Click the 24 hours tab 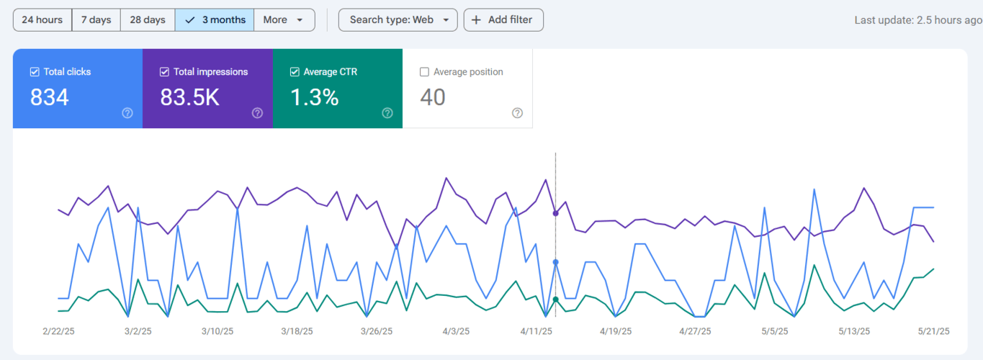(x=42, y=20)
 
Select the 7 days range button (x=96, y=20)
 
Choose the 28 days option (x=148, y=20)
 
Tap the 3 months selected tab (x=215, y=20)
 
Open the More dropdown (x=284, y=20)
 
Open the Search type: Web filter (x=398, y=20)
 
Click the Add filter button (x=503, y=20)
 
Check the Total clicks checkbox (x=35, y=72)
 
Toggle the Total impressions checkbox (x=164, y=72)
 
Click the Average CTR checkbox (x=295, y=72)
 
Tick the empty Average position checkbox (x=424, y=72)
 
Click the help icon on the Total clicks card (x=127, y=113)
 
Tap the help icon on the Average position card (x=517, y=113)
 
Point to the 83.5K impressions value (x=189, y=97)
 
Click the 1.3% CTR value (x=314, y=97)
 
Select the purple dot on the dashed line (x=555, y=213)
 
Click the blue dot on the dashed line (x=555, y=262)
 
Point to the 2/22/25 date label (x=58, y=331)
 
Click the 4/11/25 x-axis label (x=536, y=331)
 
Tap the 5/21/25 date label (x=934, y=331)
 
